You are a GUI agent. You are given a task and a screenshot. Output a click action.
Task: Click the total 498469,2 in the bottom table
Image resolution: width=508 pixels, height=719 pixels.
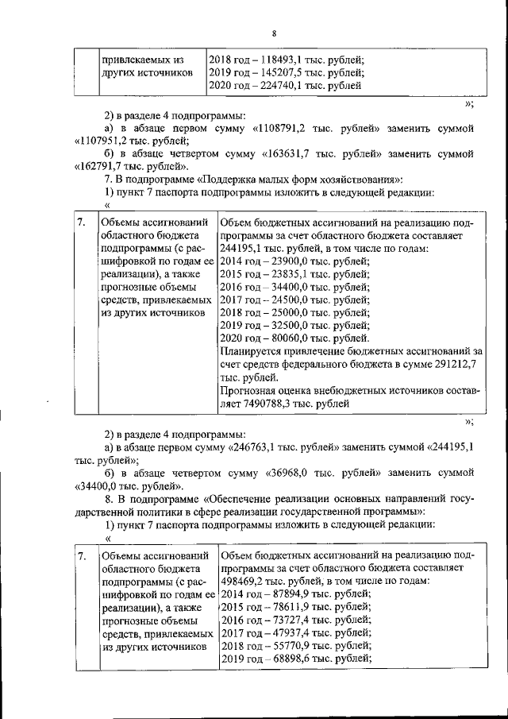[x=245, y=581]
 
